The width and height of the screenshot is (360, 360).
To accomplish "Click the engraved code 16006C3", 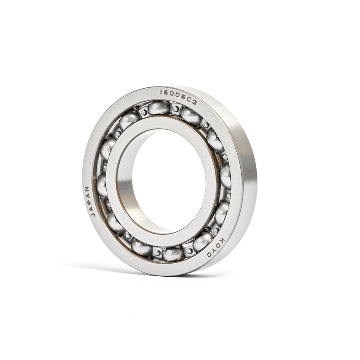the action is pos(178,97).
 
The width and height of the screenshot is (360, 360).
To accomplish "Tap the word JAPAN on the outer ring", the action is pos(89,201).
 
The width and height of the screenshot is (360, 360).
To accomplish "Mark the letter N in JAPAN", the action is pos(87,189).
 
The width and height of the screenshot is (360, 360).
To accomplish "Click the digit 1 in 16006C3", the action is pos(162,92).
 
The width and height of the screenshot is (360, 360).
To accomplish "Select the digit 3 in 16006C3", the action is pos(195,103).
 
